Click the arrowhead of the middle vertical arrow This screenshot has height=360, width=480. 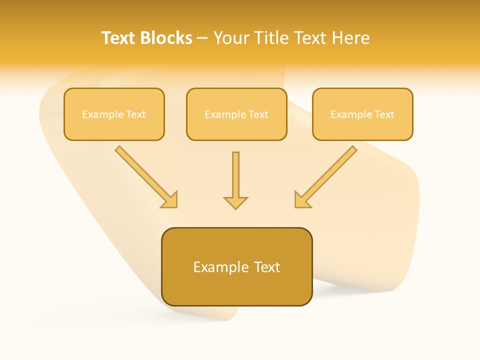pyautogui.click(x=235, y=202)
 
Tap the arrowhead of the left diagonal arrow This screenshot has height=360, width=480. pyautogui.click(x=170, y=200)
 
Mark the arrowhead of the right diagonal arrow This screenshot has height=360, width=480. pyautogui.click(x=301, y=200)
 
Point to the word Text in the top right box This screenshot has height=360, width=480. pyautogui.click(x=384, y=114)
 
